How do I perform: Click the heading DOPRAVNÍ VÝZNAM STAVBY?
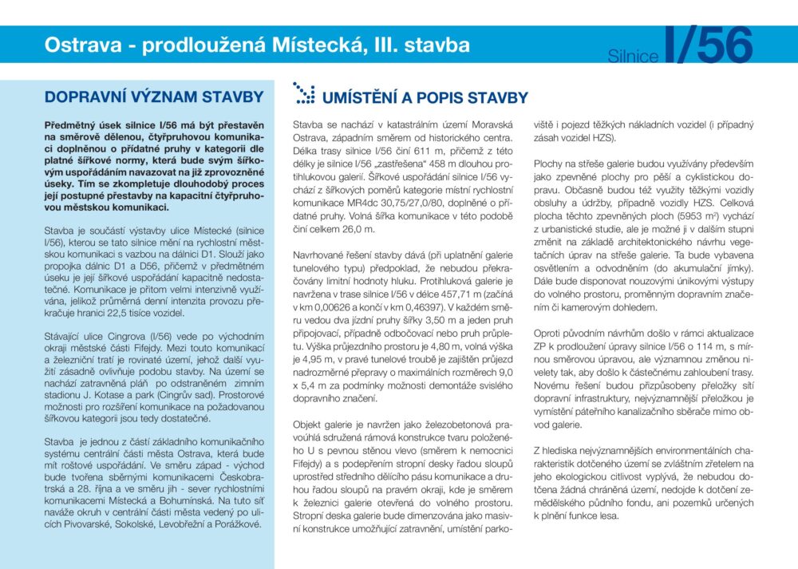[154, 97]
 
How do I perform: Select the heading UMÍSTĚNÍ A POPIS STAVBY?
[425, 98]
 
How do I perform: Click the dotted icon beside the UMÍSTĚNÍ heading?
[303, 93]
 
